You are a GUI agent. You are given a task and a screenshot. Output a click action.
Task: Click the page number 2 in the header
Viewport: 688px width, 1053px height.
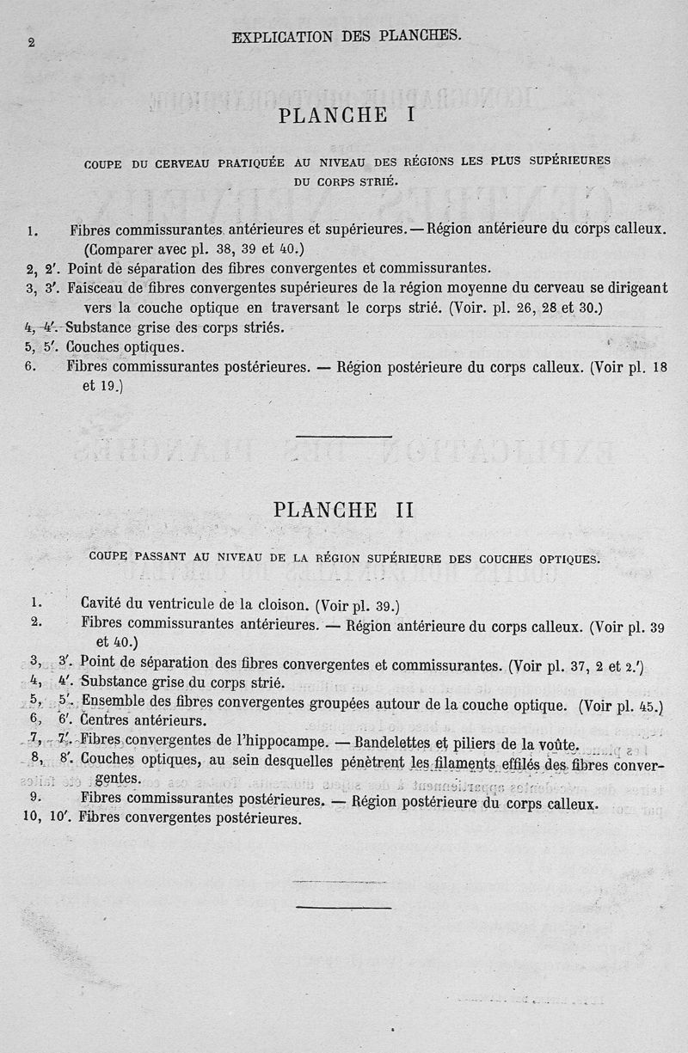point(31,43)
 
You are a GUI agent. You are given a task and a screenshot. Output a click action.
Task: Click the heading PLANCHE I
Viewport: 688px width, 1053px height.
point(347,114)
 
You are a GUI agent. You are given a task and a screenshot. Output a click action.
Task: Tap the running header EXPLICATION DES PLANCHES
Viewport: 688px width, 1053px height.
point(347,36)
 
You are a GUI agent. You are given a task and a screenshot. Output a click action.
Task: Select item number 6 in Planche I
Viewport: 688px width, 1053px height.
point(30,366)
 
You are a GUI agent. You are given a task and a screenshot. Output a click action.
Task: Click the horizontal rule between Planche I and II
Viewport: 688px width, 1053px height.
point(344,436)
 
